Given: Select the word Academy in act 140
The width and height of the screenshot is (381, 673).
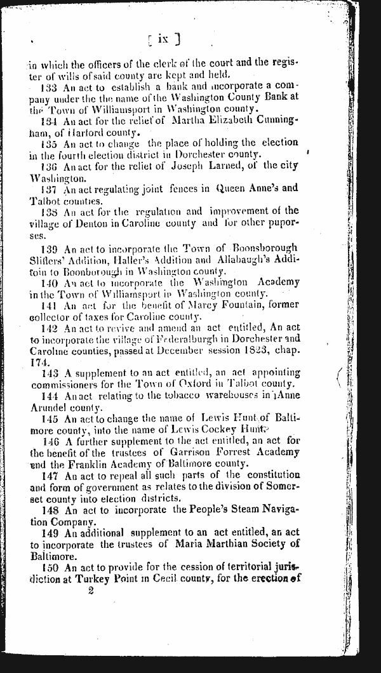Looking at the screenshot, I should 277,281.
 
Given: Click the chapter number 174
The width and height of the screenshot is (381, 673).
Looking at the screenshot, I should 40,361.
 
